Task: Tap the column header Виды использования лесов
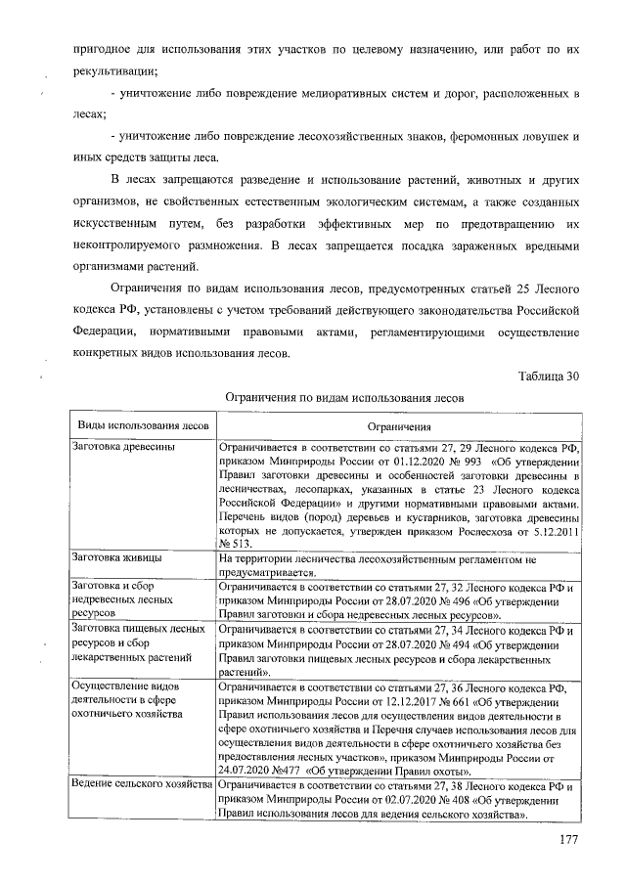142,427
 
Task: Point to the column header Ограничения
399,427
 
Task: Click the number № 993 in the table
468,462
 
